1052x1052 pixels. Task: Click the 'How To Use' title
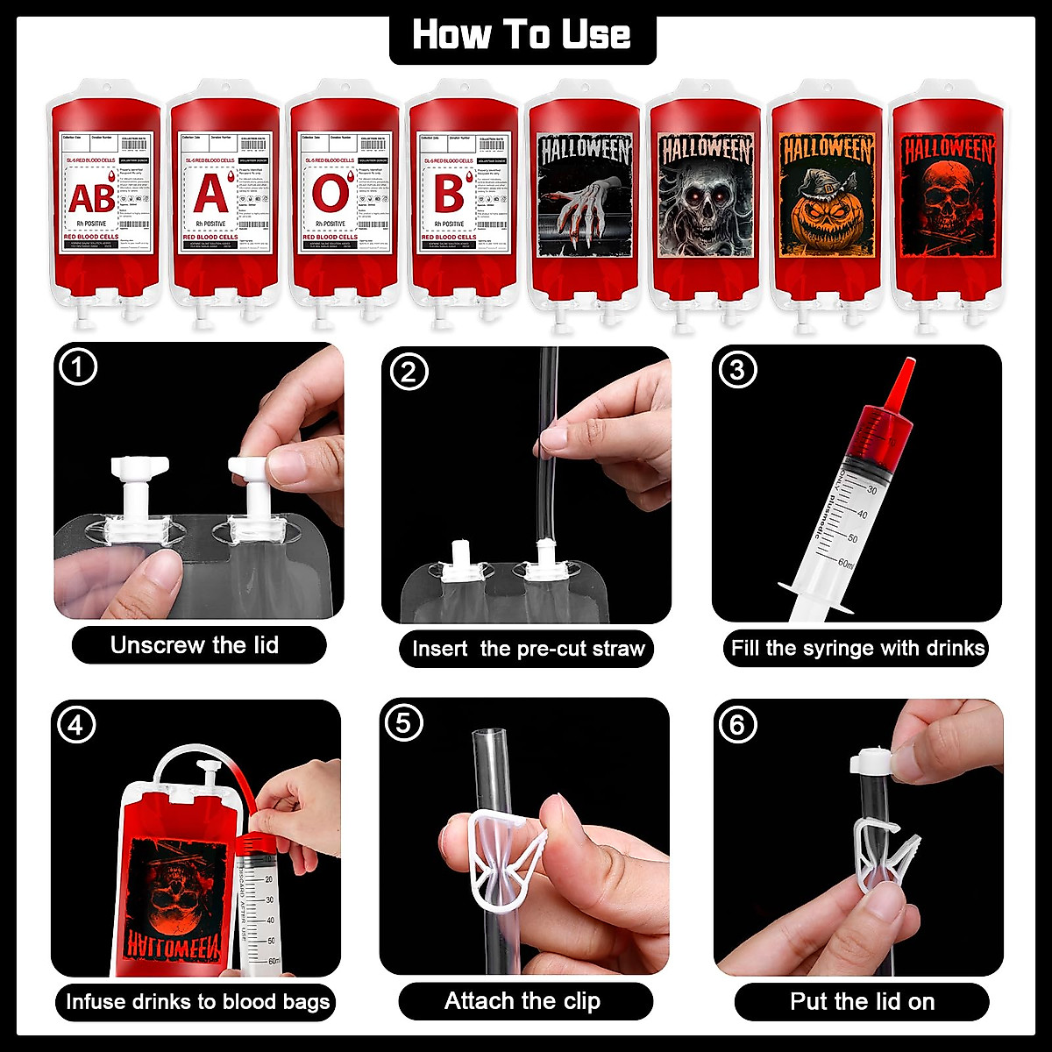tap(522, 35)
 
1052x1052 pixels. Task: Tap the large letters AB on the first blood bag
tap(91, 199)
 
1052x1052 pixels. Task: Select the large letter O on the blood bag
tap(330, 195)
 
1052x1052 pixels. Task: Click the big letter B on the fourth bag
tap(448, 195)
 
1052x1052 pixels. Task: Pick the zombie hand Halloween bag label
tap(585, 197)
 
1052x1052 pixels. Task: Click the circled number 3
tap(736, 370)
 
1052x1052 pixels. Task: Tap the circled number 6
tap(736, 725)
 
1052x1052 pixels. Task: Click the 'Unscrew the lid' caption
tap(195, 645)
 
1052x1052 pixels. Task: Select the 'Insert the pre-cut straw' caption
tap(528, 649)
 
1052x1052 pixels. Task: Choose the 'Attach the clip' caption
tap(522, 1001)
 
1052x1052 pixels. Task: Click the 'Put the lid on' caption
tap(862, 1001)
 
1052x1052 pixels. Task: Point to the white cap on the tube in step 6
tap(870, 759)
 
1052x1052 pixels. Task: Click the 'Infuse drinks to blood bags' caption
tap(197, 1001)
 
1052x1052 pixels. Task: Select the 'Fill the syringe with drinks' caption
tap(858, 649)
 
